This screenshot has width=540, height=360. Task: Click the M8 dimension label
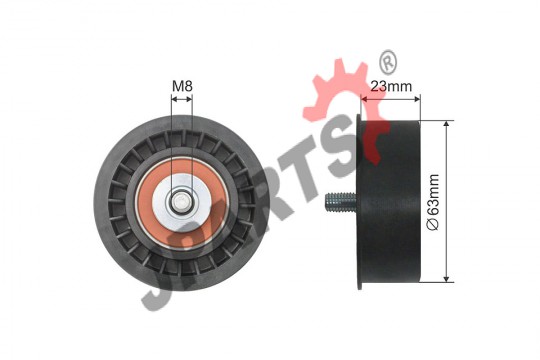(182, 86)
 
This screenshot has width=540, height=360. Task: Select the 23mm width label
(391, 86)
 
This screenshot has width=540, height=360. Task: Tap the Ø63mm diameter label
(433, 202)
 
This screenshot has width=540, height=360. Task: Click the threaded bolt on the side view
(340, 201)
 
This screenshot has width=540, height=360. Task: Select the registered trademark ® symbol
(388, 62)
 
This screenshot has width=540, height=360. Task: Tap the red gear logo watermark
(344, 103)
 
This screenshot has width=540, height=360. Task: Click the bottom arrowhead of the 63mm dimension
(447, 278)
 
